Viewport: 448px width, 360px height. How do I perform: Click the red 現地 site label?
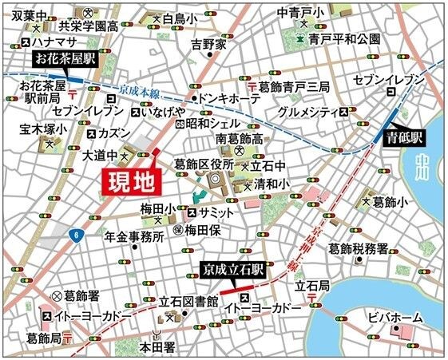pos(133,180)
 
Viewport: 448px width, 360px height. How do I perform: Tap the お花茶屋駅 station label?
pos(65,58)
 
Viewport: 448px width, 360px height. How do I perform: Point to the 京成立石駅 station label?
pos(231,271)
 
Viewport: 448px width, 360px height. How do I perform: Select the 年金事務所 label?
pos(134,236)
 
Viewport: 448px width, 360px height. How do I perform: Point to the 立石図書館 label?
pos(188,301)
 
